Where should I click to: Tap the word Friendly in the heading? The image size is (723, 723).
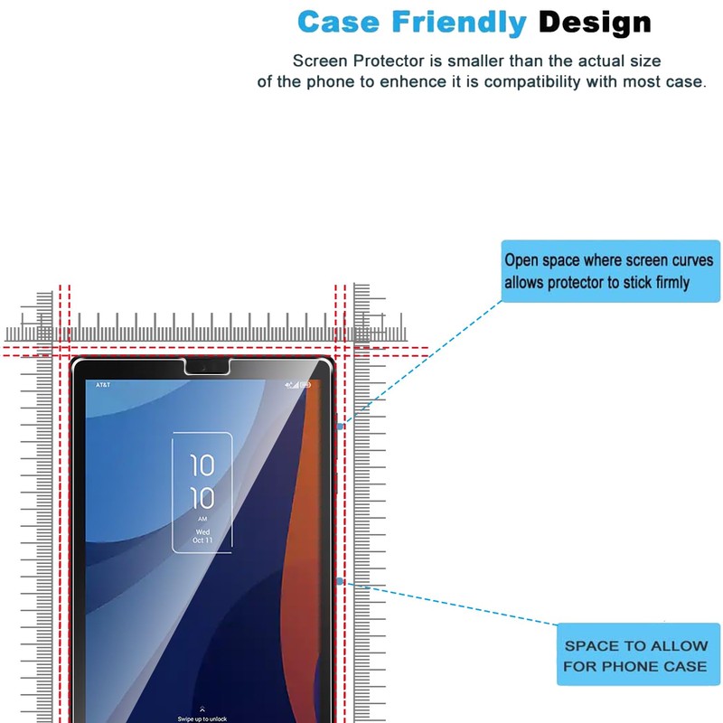coord(457,21)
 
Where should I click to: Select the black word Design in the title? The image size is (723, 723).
coord(595,21)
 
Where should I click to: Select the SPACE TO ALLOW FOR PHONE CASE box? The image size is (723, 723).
coord(635,656)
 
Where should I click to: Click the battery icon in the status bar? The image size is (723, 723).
coord(305,385)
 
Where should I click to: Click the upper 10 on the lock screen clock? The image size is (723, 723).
coord(202,465)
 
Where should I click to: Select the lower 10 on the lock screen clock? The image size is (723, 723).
coord(202,498)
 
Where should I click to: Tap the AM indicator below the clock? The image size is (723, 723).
coord(202,520)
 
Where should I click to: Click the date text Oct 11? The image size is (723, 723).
coord(202,540)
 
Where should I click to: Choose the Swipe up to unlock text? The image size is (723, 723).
coord(202,718)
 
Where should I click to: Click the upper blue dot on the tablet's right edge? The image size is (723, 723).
coord(339,424)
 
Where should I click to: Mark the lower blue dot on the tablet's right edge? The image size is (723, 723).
coord(339,581)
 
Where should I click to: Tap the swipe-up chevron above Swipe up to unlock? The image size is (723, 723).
coord(202,709)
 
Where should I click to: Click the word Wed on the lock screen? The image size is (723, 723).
coord(202,531)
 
